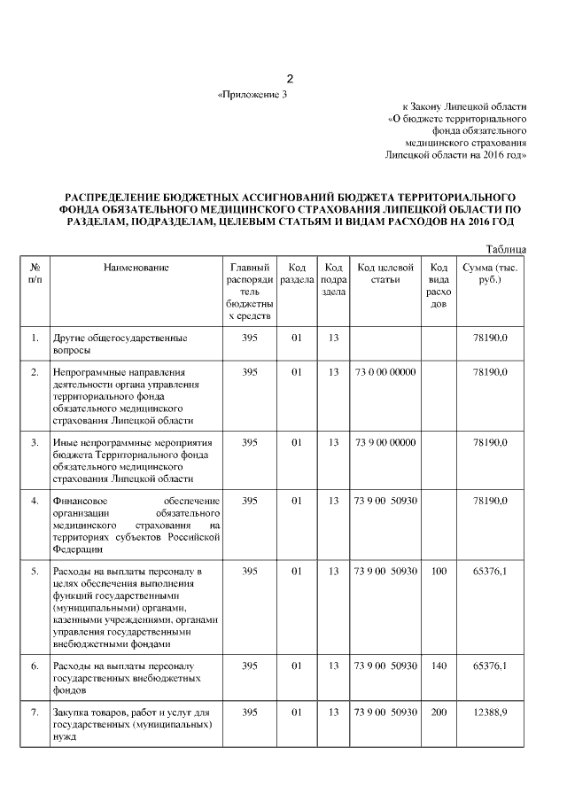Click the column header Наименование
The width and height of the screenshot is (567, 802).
pyautogui.click(x=136, y=267)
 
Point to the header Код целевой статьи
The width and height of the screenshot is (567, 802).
pyautogui.click(x=385, y=273)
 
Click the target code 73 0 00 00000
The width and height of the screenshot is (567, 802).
pyautogui.click(x=385, y=372)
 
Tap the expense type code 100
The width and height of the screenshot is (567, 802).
pyautogui.click(x=438, y=572)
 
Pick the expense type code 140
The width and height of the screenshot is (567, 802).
pyautogui.click(x=438, y=666)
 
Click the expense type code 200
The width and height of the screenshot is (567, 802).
pyautogui.click(x=438, y=712)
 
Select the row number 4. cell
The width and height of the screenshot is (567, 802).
pyautogui.click(x=35, y=502)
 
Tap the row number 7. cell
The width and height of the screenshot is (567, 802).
pyautogui.click(x=35, y=712)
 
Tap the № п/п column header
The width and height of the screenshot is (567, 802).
pyautogui.click(x=35, y=273)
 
